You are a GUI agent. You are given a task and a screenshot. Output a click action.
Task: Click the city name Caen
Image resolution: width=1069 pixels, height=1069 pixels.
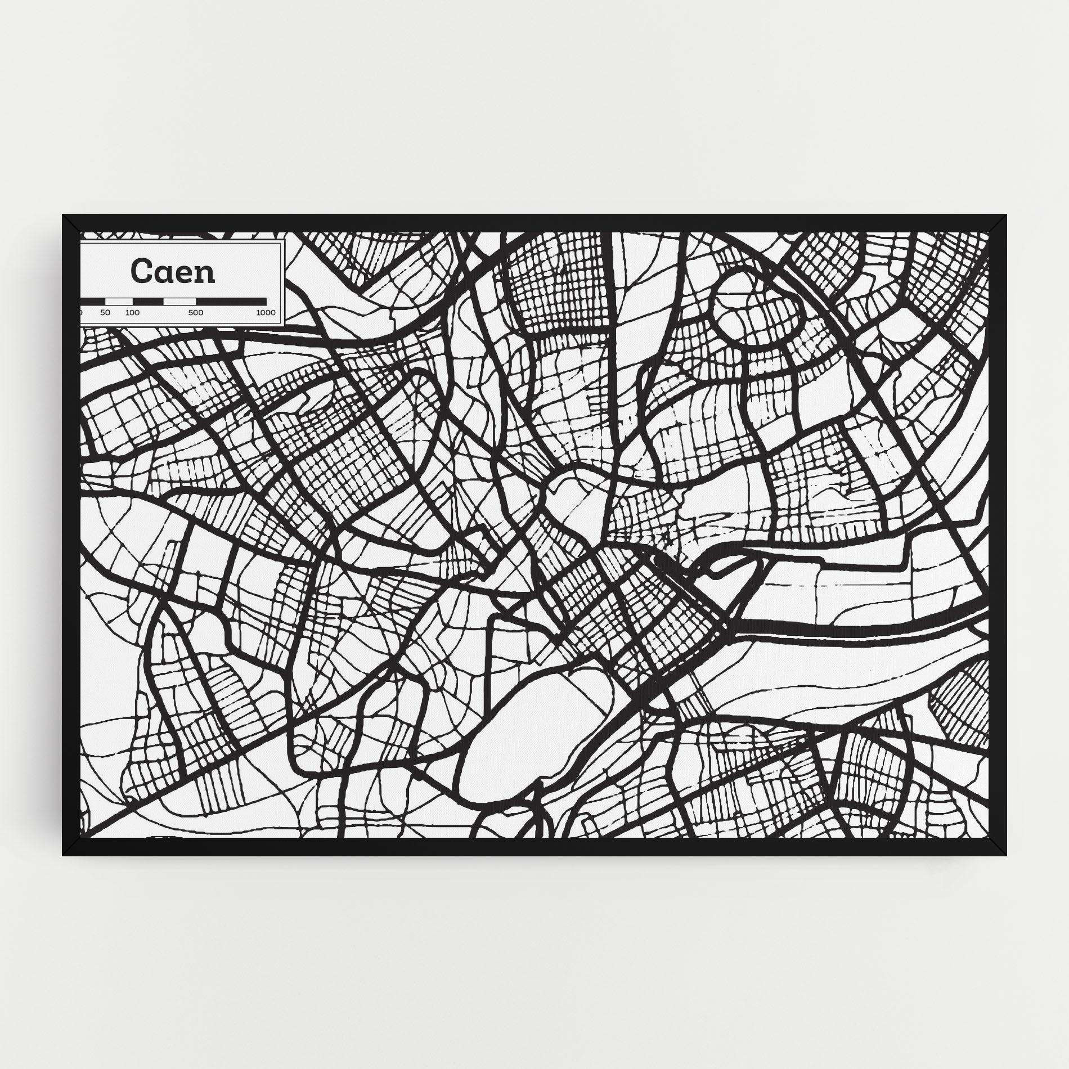coord(173,271)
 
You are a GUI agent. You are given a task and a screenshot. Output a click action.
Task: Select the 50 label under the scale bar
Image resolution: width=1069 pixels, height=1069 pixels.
coord(105,313)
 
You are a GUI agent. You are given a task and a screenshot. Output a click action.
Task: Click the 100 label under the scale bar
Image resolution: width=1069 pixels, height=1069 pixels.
coord(133,313)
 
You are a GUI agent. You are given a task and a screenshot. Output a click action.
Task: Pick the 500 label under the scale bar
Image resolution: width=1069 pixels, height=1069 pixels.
coord(196,313)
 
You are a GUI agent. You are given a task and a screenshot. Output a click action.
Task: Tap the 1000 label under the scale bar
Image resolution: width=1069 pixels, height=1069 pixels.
coord(266,313)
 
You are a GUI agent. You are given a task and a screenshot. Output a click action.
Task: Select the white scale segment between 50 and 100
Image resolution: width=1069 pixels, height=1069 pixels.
coord(119,302)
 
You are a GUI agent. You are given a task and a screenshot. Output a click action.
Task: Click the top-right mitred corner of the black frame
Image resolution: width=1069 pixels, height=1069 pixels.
coord(997,224)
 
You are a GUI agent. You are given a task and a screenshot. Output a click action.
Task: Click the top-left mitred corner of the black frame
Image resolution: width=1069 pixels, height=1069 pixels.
coord(71,224)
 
